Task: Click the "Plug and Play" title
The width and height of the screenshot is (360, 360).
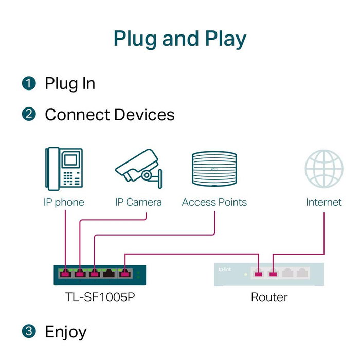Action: click(x=179, y=39)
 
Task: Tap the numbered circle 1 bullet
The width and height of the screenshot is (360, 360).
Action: click(x=29, y=83)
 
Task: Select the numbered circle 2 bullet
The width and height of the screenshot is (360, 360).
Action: click(x=29, y=114)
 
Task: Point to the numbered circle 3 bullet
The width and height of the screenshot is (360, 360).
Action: click(x=29, y=332)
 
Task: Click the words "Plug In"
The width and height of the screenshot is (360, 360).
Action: click(x=70, y=83)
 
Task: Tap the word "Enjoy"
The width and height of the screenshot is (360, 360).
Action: click(x=66, y=332)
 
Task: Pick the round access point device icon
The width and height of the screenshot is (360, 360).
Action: click(x=214, y=170)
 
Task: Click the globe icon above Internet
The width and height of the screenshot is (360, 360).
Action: click(x=323, y=168)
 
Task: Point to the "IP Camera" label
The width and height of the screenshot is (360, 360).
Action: click(x=138, y=202)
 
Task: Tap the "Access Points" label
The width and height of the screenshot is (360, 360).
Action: click(x=214, y=202)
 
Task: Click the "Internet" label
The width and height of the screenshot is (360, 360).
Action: click(x=323, y=202)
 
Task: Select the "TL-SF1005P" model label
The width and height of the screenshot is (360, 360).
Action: click(x=96, y=297)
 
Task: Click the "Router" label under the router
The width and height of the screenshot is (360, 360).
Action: click(x=269, y=297)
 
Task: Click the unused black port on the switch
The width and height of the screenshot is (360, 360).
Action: click(x=109, y=273)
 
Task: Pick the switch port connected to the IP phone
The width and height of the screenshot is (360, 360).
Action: click(x=65, y=273)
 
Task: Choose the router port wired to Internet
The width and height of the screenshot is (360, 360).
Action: click(x=273, y=273)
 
